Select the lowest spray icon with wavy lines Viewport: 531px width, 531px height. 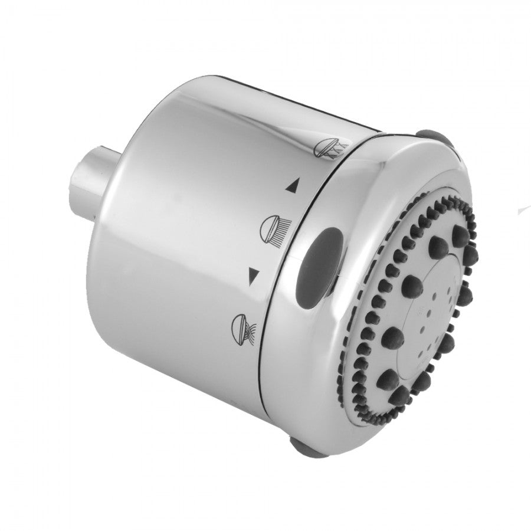[242, 325]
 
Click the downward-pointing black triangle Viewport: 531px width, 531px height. [254, 274]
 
